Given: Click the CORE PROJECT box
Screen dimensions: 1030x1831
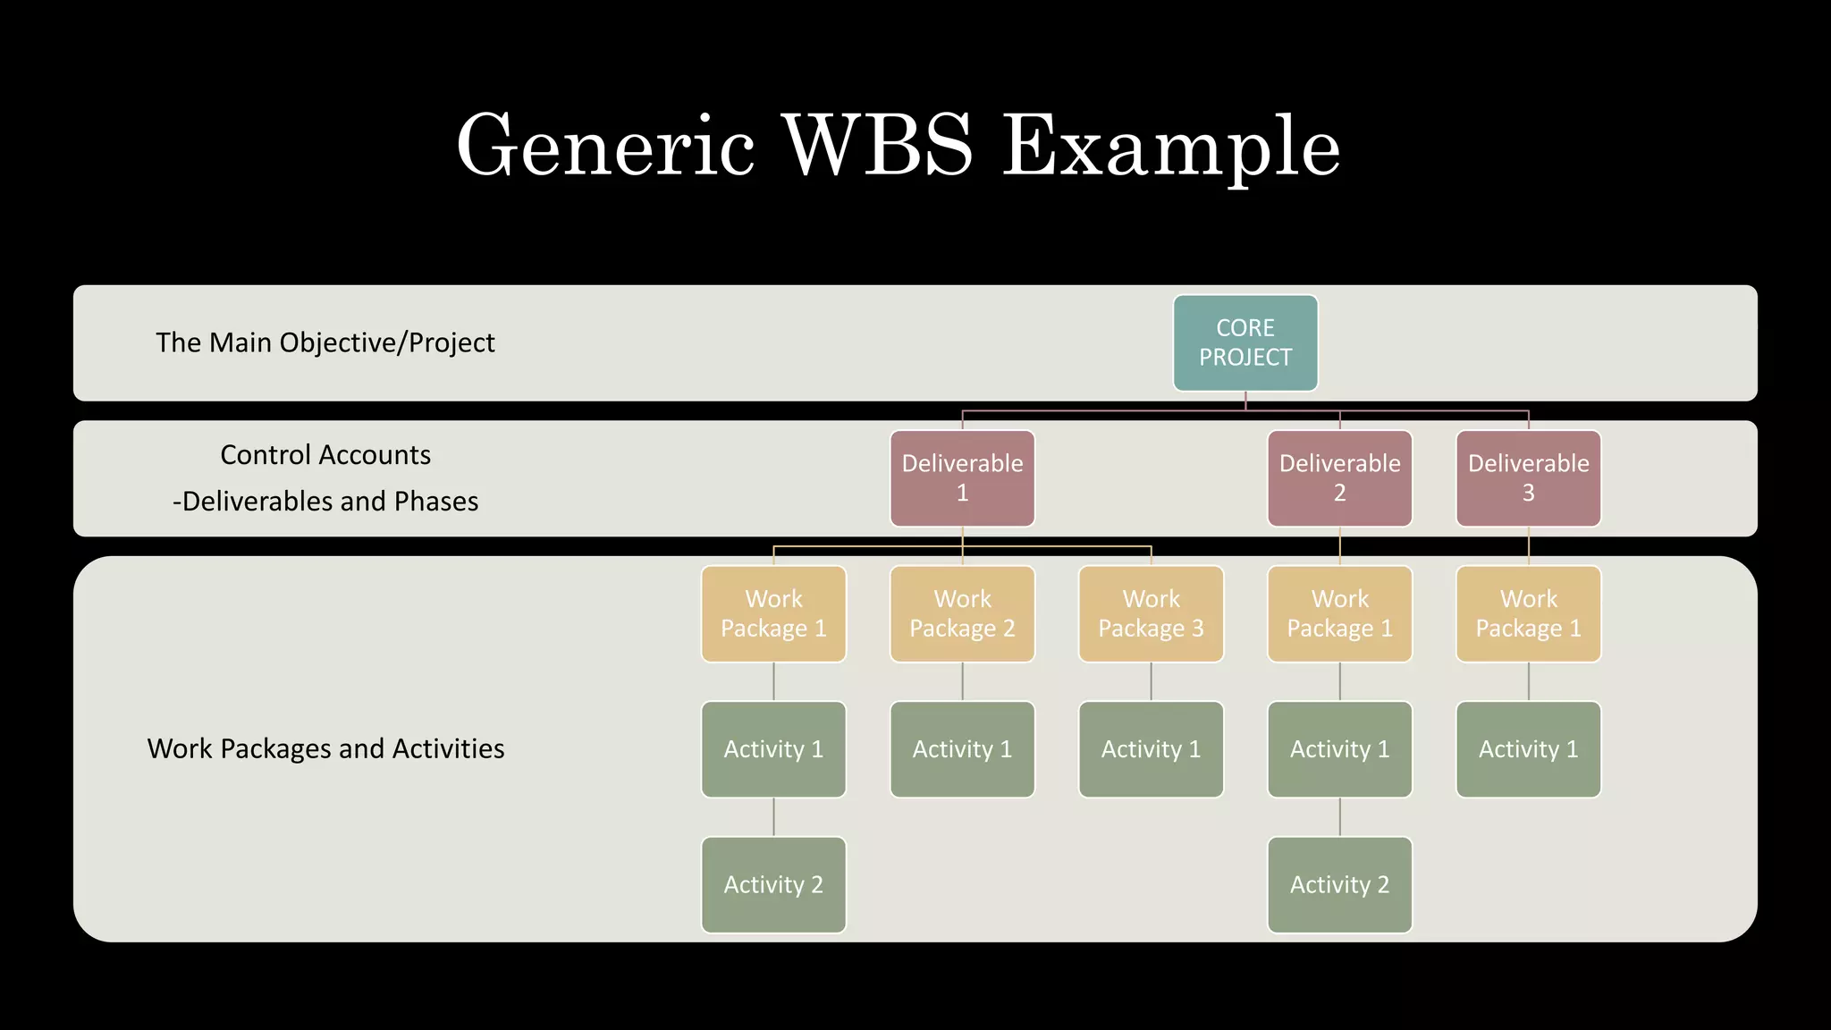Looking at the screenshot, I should tap(1245, 343).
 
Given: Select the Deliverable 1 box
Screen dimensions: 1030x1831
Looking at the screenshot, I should tap(962, 478).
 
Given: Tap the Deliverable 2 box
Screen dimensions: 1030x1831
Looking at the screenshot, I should tap(1339, 478).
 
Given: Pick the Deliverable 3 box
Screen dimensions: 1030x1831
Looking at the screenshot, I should tap(1528, 478).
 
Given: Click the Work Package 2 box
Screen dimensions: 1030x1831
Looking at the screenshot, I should tap(962, 613).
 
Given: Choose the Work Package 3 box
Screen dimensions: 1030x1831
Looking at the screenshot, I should tap(1151, 613).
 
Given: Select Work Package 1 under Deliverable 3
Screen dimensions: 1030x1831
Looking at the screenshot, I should tap(1528, 613).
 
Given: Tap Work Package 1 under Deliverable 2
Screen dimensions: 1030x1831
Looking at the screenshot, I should tap(1339, 613).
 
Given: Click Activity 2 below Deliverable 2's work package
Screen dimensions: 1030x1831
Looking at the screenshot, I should tap(1339, 884).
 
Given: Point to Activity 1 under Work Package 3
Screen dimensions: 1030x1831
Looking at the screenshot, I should tap(1151, 749).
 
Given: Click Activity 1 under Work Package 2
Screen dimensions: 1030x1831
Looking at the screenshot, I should tap(962, 749).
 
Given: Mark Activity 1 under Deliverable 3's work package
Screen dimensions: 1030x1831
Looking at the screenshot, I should tap(1528, 749).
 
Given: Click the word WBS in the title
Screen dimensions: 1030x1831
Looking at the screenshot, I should tap(877, 146).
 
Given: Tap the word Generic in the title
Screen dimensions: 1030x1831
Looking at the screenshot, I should tap(605, 146).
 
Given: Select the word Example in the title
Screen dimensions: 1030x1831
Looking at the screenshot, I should tap(1170, 146).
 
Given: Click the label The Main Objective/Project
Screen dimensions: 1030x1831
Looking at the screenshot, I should tap(325, 342).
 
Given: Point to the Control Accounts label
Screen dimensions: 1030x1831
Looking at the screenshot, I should tap(325, 455).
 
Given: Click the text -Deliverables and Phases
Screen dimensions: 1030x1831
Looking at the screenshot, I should tap(325, 502).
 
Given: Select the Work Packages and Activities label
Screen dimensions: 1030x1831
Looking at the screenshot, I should tap(325, 748).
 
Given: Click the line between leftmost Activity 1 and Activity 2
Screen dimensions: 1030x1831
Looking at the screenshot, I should tap(773, 817).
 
